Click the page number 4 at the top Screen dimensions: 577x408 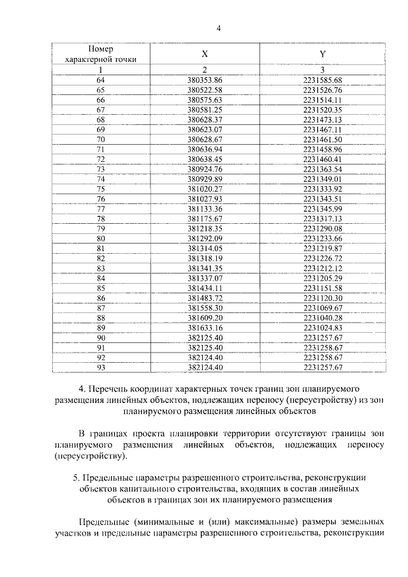tap(218, 27)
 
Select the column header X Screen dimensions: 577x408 tap(205, 54)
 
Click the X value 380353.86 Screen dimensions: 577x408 tap(205, 80)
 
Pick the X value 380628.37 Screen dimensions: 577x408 tap(205, 119)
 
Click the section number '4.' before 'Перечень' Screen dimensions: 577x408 tap(82, 388)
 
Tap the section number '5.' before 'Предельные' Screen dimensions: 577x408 tap(77, 478)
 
